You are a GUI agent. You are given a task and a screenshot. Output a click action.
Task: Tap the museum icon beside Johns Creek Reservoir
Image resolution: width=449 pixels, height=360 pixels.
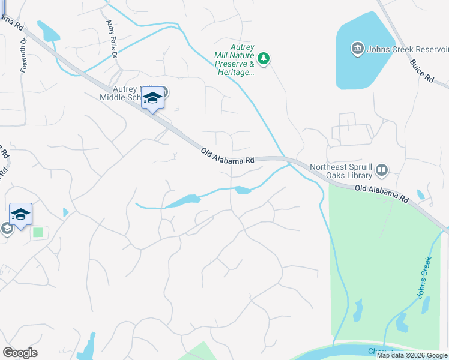click(358, 48)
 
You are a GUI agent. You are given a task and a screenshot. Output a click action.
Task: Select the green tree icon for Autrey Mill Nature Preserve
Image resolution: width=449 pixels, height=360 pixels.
click(263, 58)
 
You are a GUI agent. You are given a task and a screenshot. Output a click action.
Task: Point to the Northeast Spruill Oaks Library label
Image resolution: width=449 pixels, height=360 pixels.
click(341, 172)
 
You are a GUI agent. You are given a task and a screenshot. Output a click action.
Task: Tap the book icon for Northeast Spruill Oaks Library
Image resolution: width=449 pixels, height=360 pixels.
click(382, 172)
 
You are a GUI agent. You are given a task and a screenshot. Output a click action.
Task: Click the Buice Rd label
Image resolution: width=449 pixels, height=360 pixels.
click(421, 70)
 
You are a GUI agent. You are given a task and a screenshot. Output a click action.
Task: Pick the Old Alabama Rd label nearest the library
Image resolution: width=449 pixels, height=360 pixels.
click(381, 193)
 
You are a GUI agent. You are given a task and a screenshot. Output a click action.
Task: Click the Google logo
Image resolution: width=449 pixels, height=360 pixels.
click(20, 353)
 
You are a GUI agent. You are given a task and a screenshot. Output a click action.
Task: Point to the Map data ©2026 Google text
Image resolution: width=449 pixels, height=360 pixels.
click(411, 355)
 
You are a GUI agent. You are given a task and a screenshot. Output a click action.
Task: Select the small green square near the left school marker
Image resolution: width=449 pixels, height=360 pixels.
click(38, 232)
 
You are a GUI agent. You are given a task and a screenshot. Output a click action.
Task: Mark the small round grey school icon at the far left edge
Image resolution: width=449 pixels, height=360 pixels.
click(6, 229)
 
